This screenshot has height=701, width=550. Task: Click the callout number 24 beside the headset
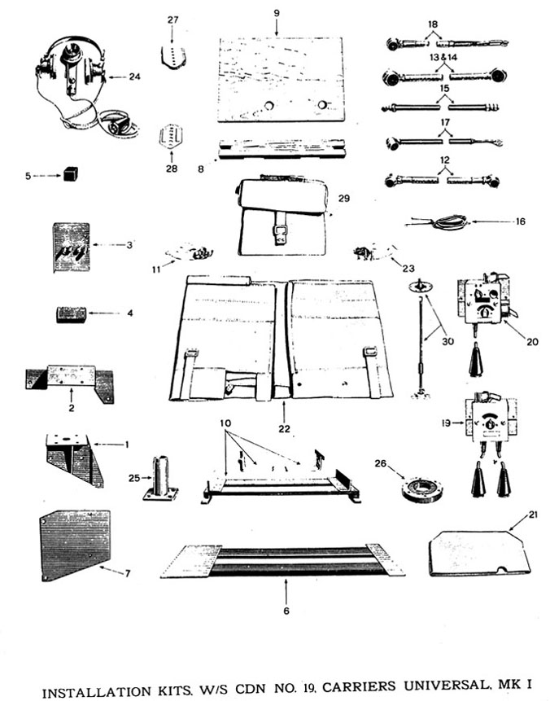(x=134, y=77)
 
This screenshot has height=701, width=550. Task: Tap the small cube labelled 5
(x=72, y=173)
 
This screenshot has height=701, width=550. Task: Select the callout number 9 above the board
(x=277, y=13)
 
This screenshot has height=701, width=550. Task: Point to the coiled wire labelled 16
(x=445, y=221)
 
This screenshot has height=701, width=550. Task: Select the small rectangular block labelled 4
(x=71, y=314)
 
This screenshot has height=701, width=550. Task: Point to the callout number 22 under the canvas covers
(x=282, y=428)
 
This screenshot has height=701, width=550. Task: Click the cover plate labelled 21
(x=478, y=554)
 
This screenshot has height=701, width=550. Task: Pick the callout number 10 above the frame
(x=225, y=425)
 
